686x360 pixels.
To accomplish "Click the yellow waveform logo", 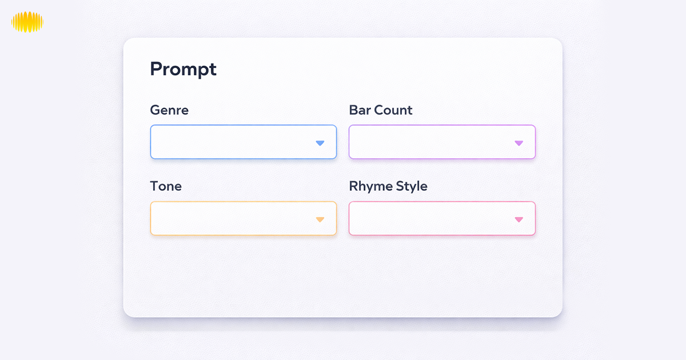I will [x=27, y=22].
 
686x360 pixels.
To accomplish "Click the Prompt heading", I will [x=183, y=69].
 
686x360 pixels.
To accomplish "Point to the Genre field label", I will [x=169, y=110].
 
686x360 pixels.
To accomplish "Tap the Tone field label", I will [x=166, y=186].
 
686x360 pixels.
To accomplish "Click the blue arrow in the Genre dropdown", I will [x=320, y=143].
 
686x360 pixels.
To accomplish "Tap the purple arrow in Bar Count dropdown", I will [x=519, y=143].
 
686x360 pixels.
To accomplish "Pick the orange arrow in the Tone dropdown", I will [x=320, y=219].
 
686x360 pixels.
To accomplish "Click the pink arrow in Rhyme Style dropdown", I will [x=519, y=219].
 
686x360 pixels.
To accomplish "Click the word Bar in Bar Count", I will [x=360, y=110].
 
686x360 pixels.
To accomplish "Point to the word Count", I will [x=393, y=110].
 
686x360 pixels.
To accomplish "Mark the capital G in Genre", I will [x=155, y=110].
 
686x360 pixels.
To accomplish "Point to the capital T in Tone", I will [x=154, y=186].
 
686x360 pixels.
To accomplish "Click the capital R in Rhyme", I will [x=353, y=186].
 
